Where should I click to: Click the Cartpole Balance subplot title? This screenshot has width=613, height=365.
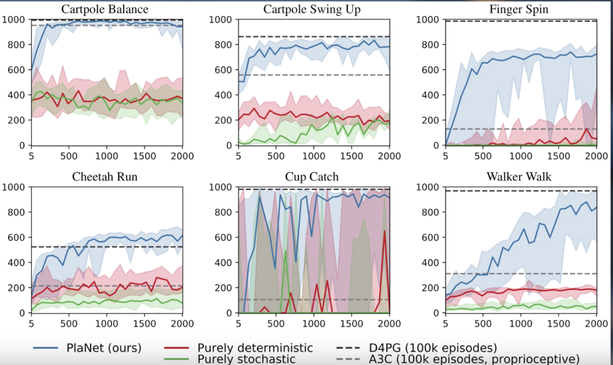coord(105,9)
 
